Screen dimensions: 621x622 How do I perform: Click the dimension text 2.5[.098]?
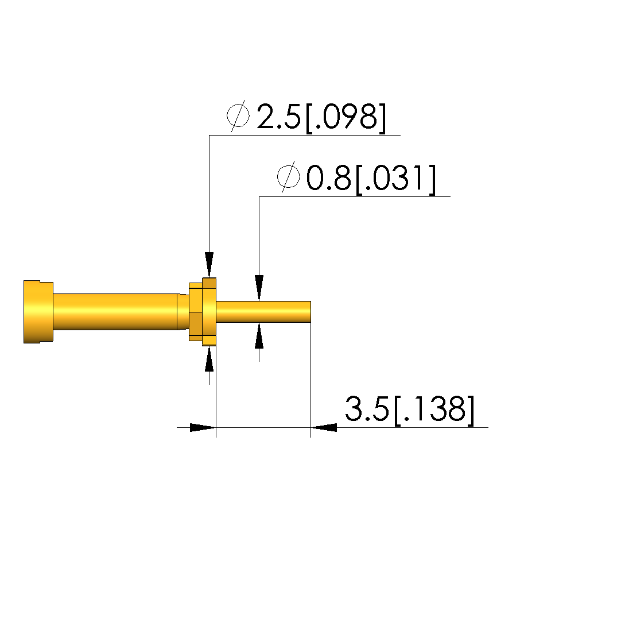[321, 117]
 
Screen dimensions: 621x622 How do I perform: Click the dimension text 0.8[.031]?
[371, 179]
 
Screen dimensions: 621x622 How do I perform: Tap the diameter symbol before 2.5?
[239, 116]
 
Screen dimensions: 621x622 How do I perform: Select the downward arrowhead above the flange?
[209, 265]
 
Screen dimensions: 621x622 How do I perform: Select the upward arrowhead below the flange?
[209, 359]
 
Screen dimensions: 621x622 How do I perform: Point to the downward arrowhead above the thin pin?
[259, 288]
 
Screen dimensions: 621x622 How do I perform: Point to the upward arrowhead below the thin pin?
[259, 335]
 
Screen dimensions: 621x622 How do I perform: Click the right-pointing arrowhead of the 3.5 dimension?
[203, 428]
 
